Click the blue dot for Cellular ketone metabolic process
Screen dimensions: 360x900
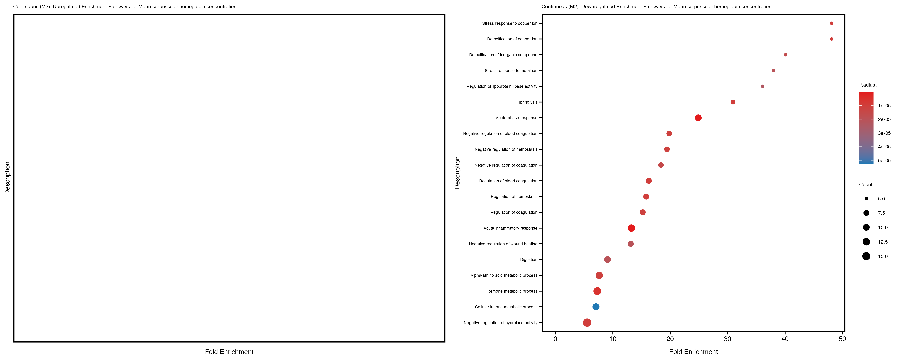[x=596, y=307]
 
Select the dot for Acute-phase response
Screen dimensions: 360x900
[x=698, y=118]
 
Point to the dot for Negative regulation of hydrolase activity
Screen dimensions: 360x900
[x=587, y=323]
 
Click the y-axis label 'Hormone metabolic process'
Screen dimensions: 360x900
[x=511, y=291]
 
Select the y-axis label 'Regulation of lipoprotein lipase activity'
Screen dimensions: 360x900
[x=502, y=86]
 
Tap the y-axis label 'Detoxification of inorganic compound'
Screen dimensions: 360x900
[x=503, y=55]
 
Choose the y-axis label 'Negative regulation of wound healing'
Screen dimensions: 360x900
[x=503, y=244]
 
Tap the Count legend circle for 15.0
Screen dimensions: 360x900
[x=866, y=256]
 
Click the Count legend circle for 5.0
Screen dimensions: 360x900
[x=866, y=199]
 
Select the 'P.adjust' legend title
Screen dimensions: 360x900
[x=868, y=85]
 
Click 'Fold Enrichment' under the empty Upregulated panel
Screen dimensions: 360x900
[x=229, y=352]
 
